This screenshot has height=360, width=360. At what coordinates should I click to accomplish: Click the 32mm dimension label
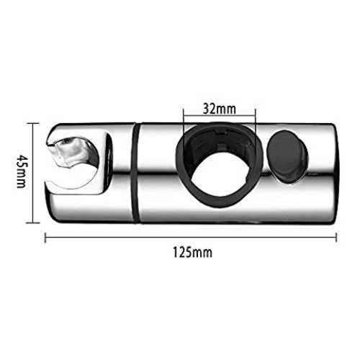(x=220, y=109)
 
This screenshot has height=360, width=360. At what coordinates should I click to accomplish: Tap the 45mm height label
(x=22, y=171)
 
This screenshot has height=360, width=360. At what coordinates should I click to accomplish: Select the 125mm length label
(x=193, y=253)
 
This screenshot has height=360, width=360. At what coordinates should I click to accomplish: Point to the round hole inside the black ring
(x=219, y=176)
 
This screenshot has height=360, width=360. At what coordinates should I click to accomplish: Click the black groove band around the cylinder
(x=135, y=173)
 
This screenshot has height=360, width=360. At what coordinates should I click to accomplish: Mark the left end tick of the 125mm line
(x=45, y=238)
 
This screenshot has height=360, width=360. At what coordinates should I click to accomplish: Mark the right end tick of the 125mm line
(x=336, y=238)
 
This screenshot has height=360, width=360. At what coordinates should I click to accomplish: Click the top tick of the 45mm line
(x=32, y=123)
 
